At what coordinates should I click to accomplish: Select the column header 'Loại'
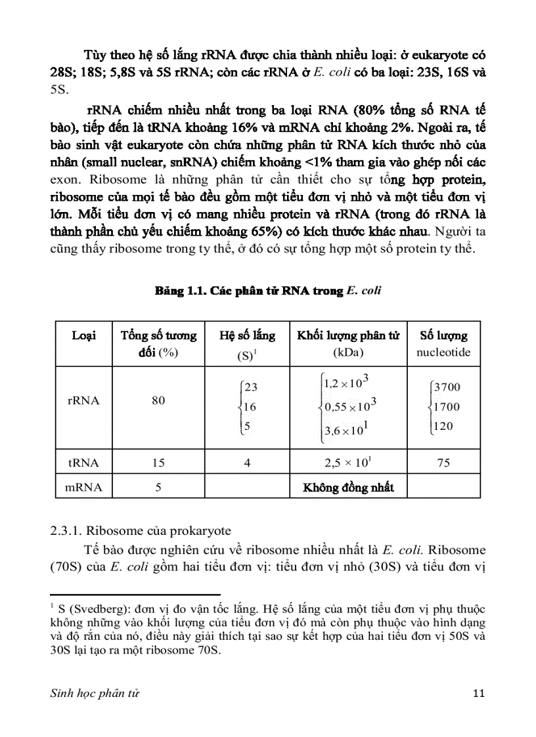tap(83, 335)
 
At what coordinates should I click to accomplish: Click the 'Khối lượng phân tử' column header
tap(348, 335)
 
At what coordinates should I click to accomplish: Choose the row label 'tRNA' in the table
tap(83, 463)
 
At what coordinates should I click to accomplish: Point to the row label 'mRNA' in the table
tap(83, 488)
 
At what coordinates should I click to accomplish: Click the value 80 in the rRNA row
tap(158, 400)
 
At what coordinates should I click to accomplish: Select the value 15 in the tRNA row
tap(158, 463)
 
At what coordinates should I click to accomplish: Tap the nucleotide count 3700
tap(447, 387)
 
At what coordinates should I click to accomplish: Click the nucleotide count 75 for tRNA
tap(443, 463)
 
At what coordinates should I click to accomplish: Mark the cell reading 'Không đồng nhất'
tap(348, 488)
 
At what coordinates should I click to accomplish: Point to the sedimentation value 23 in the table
tap(250, 387)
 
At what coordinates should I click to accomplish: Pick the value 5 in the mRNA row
tap(158, 488)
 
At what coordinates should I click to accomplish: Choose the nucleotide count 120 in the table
tap(443, 427)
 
